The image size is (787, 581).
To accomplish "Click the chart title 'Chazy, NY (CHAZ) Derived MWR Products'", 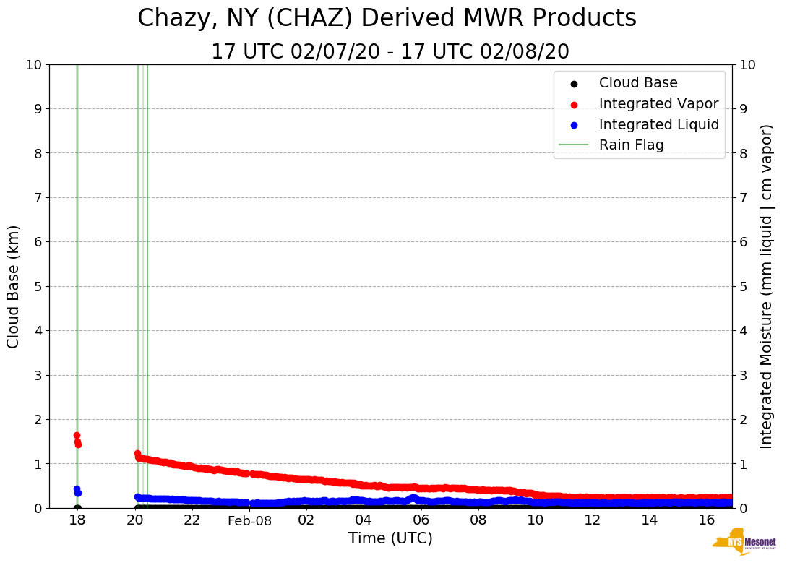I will pos(387,19).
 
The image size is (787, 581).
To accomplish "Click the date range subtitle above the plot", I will pos(390,52).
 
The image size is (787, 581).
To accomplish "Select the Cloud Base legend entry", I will pos(638,83).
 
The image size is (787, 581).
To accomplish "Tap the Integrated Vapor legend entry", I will pos(658,104).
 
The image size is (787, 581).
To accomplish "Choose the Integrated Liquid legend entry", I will pos(658,124).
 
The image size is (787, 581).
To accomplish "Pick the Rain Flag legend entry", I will pos(631,145).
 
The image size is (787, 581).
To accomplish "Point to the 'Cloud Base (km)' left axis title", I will pos(14,286).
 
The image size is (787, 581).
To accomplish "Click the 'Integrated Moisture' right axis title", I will pos(766,286).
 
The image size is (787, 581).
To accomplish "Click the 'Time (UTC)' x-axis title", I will pos(390,538).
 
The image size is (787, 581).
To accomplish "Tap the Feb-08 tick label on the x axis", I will pos(249,520).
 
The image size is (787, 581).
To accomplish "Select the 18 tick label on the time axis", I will pos(77,520).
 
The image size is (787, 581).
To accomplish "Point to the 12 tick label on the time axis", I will pos(593,520).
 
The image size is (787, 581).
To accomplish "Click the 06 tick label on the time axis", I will pos(421,520).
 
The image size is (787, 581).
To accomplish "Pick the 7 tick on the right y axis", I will pos(743,197).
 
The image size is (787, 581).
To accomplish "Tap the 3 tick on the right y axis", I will pos(743,375).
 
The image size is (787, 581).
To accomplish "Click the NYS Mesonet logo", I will pos(744,543).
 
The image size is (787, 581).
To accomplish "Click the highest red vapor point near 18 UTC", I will pos(77,435).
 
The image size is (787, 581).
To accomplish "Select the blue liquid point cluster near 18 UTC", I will pos(77,491).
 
